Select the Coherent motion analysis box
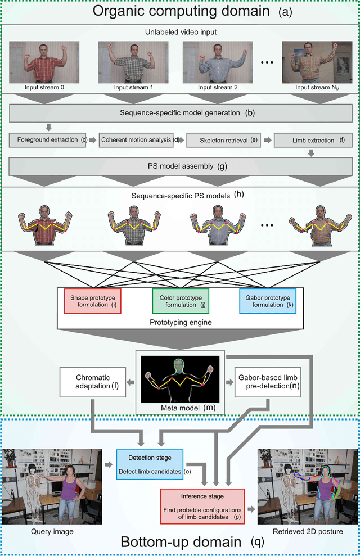(135, 140)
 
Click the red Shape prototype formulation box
(92, 300)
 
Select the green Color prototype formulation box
(181, 300)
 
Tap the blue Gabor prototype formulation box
(267, 300)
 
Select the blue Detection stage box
(151, 464)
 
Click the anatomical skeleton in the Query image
(35, 489)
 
